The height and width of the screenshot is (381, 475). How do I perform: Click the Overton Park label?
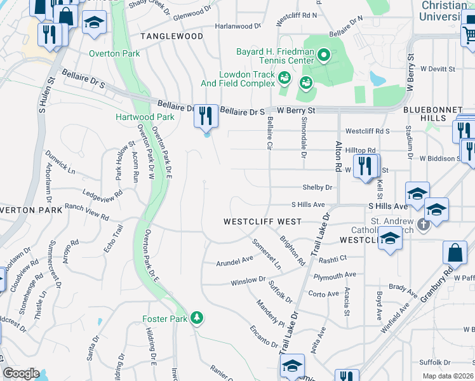point(114,54)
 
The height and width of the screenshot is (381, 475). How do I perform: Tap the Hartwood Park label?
point(145,117)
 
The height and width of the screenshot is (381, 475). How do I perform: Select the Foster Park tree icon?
point(197,317)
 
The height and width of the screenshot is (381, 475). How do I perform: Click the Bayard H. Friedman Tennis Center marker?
point(324,55)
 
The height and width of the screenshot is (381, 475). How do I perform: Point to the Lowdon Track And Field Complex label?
point(238,79)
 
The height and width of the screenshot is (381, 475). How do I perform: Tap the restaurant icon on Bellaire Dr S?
point(206,116)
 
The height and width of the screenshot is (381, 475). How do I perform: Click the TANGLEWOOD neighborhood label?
point(171,37)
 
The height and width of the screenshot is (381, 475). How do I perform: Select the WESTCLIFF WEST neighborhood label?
point(262,222)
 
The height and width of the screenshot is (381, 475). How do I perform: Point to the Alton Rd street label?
point(338,156)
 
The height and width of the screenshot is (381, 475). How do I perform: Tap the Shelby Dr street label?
point(318,187)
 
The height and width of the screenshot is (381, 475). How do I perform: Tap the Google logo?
point(21,373)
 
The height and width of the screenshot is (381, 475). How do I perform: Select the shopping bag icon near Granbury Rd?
point(456,253)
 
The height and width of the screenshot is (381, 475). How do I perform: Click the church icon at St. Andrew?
point(420,225)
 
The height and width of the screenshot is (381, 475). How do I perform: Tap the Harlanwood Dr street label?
point(237,27)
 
